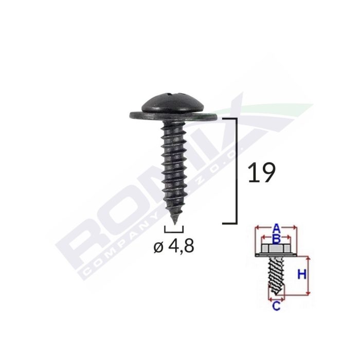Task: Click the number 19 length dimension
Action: [262, 173]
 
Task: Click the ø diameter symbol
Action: [159, 248]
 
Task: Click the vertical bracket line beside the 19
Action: [236, 170]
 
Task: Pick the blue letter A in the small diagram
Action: [276, 227]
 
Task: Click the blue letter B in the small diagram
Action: [276, 238]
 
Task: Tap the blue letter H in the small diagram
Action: [303, 274]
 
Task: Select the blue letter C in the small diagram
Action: [276, 307]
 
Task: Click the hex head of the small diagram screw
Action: [276, 249]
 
